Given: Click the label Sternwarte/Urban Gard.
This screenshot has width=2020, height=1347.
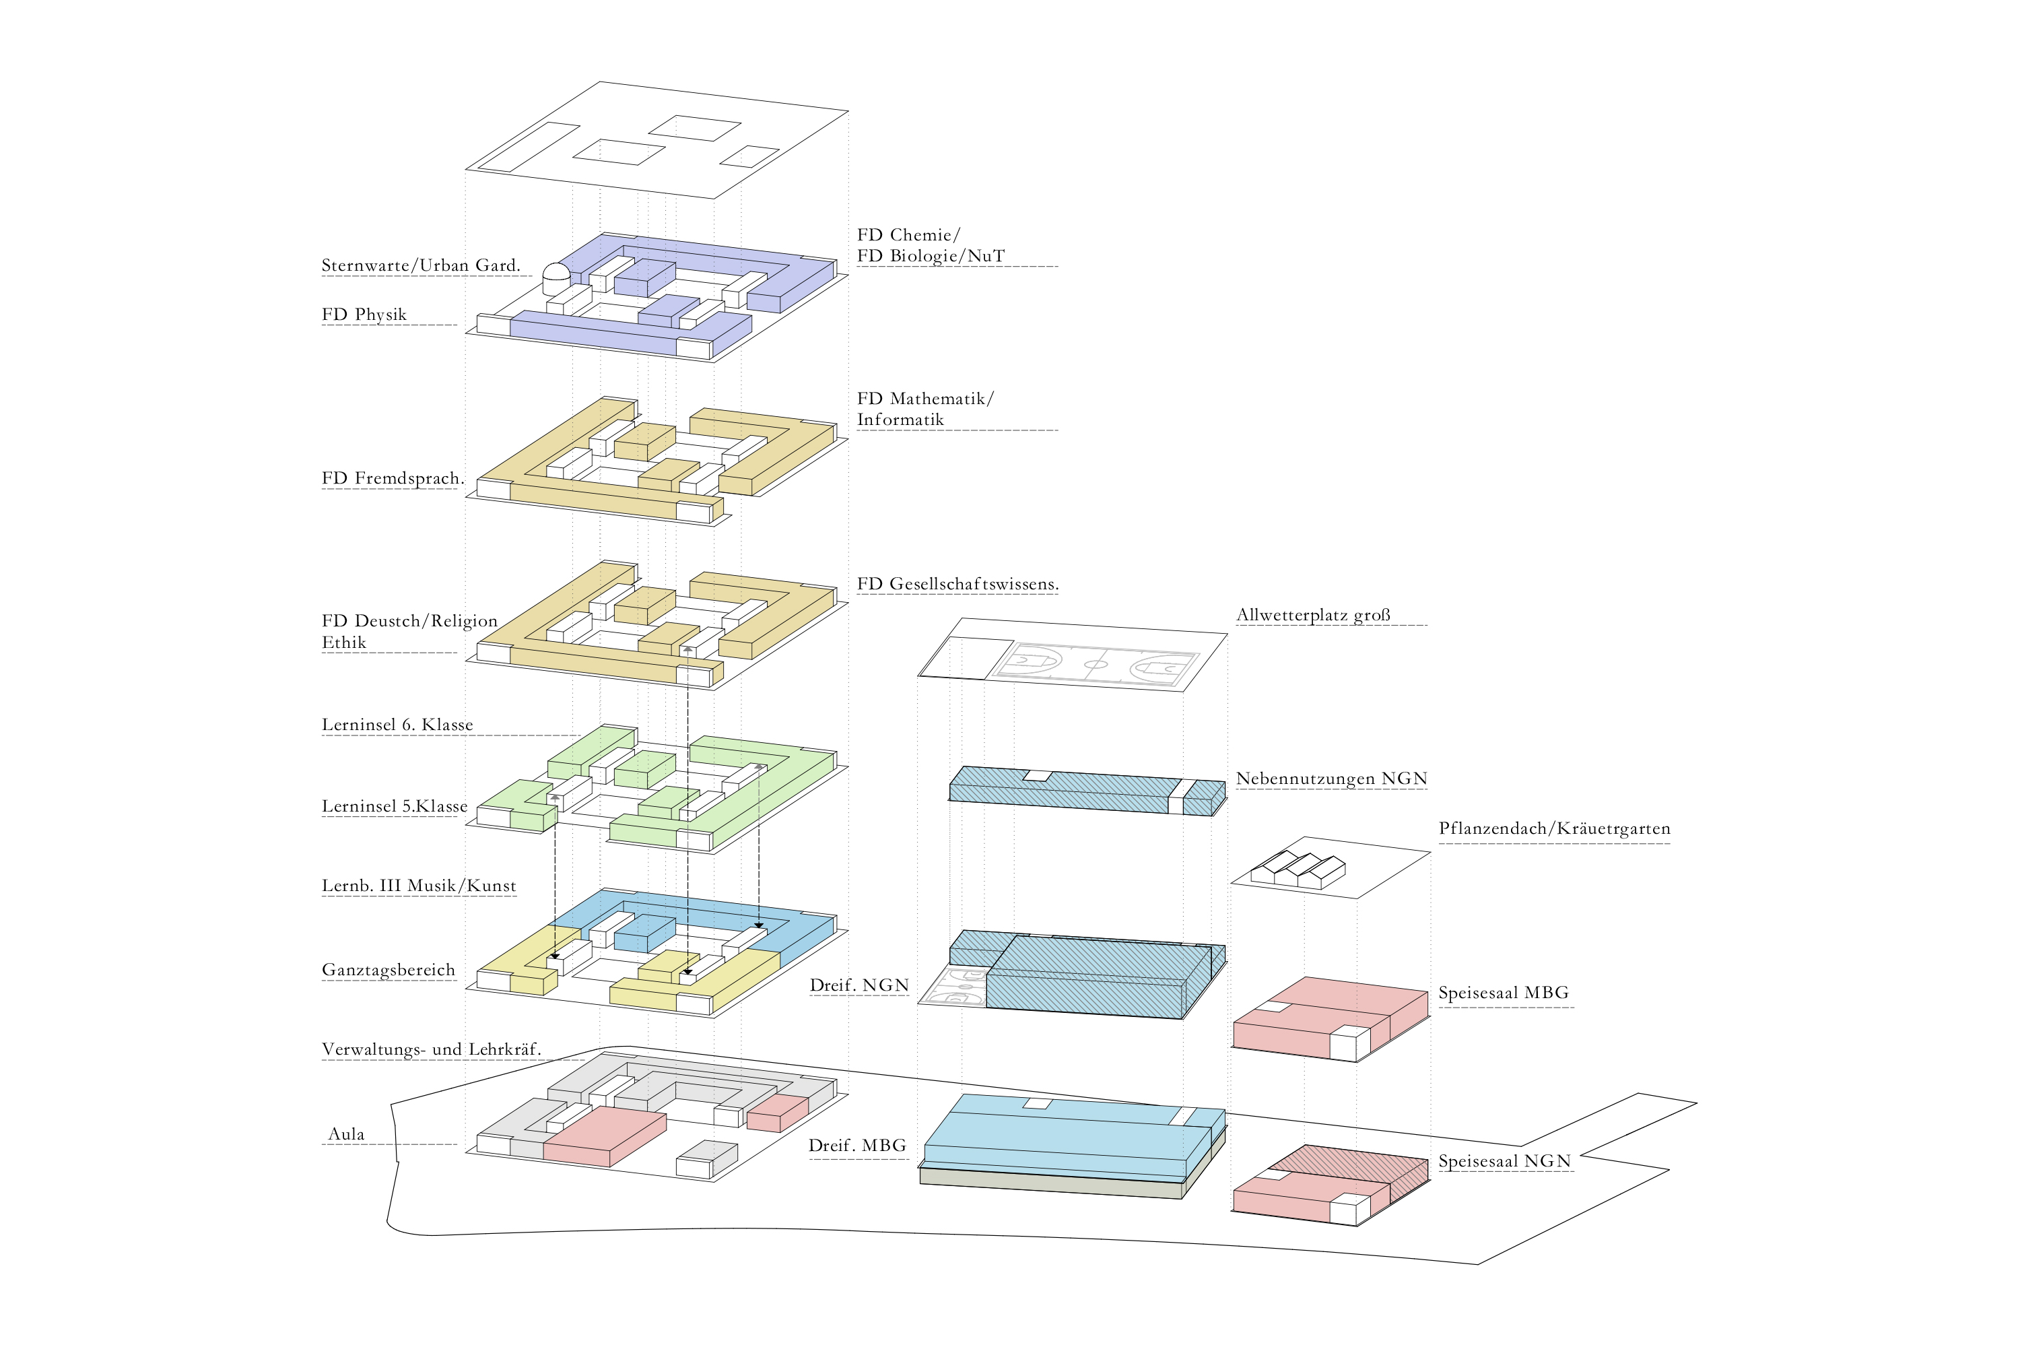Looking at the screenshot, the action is pos(421,265).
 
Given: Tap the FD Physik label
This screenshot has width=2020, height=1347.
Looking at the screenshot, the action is pos(364,315).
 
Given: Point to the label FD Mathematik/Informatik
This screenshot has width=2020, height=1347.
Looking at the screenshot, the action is pos(925,409).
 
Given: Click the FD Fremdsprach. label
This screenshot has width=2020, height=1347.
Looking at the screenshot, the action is pos(393,478).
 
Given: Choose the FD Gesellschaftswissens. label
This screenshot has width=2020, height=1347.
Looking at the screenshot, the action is pos(957,584).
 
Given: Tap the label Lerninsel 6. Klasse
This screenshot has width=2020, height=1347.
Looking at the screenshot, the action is pos(397,725).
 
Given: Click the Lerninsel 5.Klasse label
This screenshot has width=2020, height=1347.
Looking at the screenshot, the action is pos(394,807).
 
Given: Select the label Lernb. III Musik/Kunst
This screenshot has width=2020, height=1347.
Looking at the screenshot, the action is pos(419,886).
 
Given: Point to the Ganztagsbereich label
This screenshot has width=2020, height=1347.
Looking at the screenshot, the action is pos(389,971).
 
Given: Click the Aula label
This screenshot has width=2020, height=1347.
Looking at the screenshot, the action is pos(347,1135).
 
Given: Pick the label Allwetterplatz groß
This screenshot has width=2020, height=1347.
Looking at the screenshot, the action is pos(1313,615).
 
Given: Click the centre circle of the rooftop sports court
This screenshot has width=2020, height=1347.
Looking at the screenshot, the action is pos(1096,664).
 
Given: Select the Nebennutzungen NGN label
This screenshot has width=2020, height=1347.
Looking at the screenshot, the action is pos(1331,779).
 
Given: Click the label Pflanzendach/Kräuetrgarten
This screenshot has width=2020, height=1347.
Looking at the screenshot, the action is pos(1555,829).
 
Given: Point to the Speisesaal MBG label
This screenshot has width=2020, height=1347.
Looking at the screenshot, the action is pos(1504,993).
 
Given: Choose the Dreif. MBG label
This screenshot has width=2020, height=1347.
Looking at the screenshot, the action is pos(857,1146).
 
